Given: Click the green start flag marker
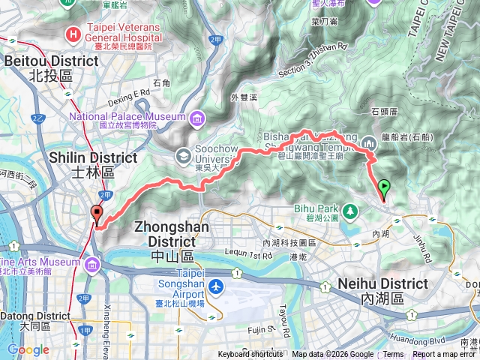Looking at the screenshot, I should [385, 187].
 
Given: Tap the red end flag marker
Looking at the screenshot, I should [97, 214].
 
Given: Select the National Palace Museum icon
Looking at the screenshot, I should [196, 118].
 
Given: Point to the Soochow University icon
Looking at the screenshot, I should [183, 155].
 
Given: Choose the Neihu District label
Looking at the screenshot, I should [382, 284].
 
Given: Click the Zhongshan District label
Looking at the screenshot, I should [172, 233].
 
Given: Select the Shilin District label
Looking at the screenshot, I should [93, 158].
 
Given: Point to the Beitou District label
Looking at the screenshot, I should [39, 61].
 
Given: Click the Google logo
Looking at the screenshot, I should [28, 349].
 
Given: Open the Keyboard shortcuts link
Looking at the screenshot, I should [251, 355].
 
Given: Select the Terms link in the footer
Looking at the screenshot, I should [393, 355].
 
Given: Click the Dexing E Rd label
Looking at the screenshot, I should [130, 93].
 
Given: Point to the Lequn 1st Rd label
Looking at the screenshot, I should [247, 255].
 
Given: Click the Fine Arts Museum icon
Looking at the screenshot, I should [91, 265].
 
